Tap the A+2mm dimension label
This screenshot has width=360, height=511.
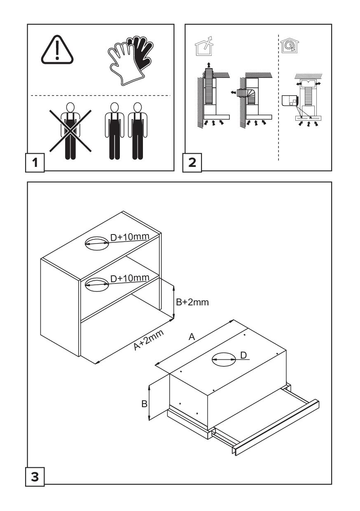[149, 340]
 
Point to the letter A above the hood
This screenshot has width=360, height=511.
[192, 337]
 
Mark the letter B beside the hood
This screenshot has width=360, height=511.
[144, 404]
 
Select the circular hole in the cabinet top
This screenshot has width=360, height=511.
[96, 243]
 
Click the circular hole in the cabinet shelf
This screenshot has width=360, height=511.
[96, 284]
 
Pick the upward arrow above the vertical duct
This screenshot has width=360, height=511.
[209, 65]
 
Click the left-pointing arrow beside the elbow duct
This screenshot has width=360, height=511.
[233, 93]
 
